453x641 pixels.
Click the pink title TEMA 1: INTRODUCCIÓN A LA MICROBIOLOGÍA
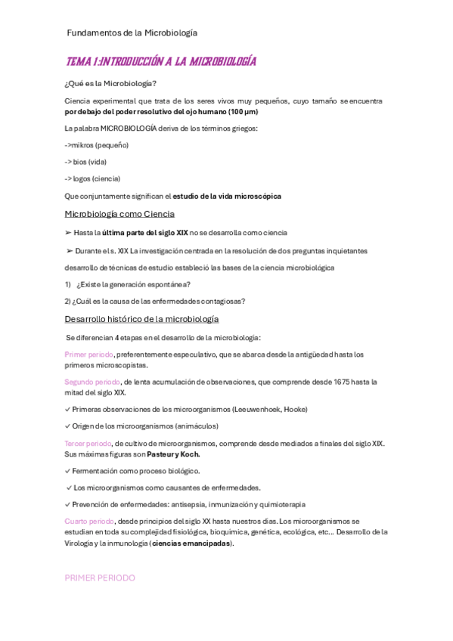coord(160,61)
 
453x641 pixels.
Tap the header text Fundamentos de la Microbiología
coord(132,33)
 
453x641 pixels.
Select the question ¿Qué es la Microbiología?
coord(110,83)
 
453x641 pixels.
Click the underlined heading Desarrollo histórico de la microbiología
coord(141,319)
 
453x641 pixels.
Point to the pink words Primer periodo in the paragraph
coord(89,354)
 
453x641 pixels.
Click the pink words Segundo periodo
coord(92,382)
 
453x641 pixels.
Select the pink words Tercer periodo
coord(88,443)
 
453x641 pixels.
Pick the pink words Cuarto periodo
coord(89,521)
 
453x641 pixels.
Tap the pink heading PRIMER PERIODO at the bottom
coord(100,578)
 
